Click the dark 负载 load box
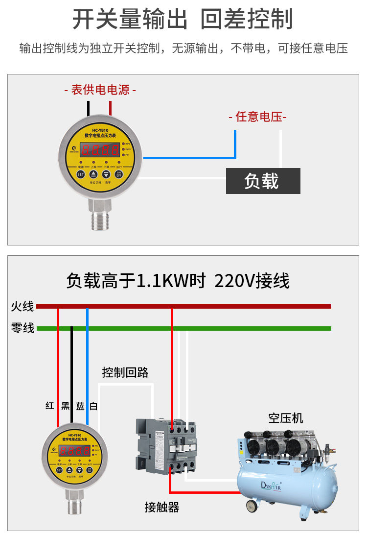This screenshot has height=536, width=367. coord(263,181)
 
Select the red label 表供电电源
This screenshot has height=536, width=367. coord(100,90)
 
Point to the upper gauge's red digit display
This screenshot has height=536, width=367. coord(100,149)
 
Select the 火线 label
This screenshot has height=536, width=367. coord(23,307)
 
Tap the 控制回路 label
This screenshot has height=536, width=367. coord(125,372)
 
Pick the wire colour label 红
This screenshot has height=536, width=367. coord(50,406)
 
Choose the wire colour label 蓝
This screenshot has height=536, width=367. coord(80,406)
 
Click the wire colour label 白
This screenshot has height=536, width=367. coord(93,406)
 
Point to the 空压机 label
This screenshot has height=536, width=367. coord(285,418)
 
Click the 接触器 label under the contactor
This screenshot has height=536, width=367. coord(161,507)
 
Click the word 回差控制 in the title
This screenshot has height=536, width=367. coord(247,20)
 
